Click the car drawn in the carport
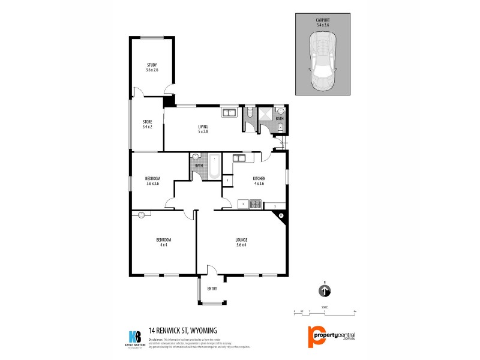[323, 61]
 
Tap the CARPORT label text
[323, 22]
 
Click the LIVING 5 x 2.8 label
[203, 128]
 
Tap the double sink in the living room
[228, 112]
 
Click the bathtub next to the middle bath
[213, 172]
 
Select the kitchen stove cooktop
[254, 205]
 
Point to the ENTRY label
[212, 289]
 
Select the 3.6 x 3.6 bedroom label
[152, 181]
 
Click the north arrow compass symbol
[324, 291]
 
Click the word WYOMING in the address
[200, 329]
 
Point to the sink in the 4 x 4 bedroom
[142, 214]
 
